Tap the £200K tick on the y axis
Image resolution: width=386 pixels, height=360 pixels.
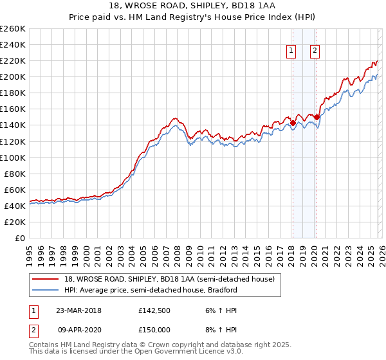[12, 76]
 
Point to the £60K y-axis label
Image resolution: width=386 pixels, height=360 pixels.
[14, 190]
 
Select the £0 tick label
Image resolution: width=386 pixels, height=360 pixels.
[19, 238]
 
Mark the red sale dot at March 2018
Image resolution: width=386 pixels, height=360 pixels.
[293, 123]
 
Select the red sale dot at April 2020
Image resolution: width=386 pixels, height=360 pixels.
[317, 117]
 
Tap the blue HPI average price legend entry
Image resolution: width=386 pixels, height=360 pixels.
[151, 290]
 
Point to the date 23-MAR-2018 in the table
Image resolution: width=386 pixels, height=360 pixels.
[78, 310]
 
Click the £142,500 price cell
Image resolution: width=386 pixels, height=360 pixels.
[154, 310]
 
